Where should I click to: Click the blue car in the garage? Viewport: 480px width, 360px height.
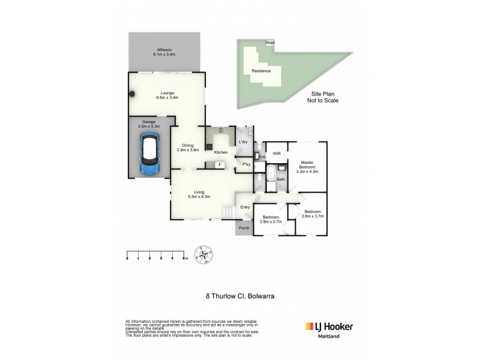(x=149, y=155)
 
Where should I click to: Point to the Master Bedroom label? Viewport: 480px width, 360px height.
(x=307, y=166)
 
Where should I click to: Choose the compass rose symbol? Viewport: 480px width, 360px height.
(x=204, y=256)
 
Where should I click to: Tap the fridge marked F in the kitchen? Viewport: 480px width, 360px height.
(x=220, y=164)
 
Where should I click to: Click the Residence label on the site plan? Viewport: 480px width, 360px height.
(x=260, y=71)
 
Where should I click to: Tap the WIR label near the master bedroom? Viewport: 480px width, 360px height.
(x=277, y=154)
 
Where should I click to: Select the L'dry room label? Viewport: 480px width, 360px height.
(x=244, y=142)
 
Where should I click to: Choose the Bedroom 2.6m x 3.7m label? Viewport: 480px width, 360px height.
(x=312, y=214)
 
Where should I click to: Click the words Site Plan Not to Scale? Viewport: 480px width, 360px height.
(x=325, y=97)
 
